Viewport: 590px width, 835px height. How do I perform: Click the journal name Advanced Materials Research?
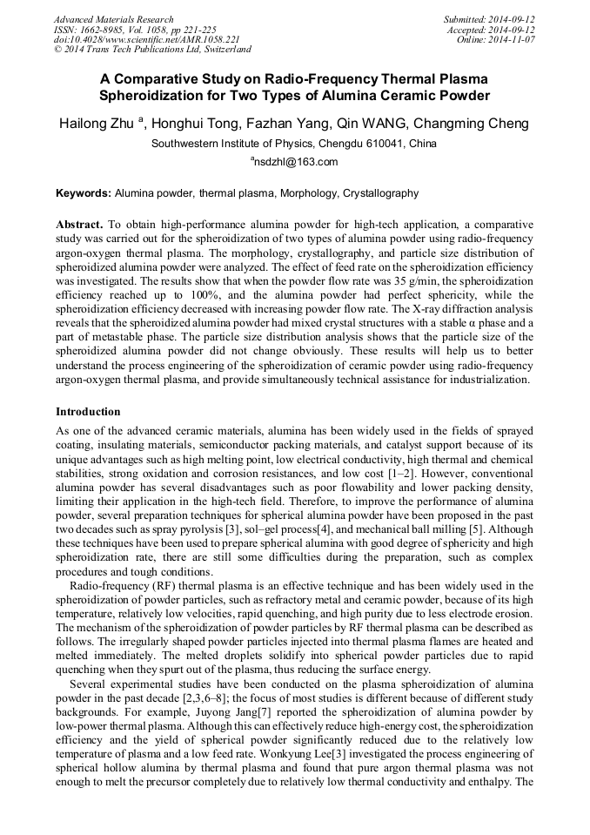coord(113,19)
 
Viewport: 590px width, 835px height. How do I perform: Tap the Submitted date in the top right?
coord(488,19)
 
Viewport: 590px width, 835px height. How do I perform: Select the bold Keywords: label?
coord(84,193)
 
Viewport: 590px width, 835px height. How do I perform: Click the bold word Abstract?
coord(79,224)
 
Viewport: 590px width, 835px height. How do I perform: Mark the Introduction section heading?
coord(88,411)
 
